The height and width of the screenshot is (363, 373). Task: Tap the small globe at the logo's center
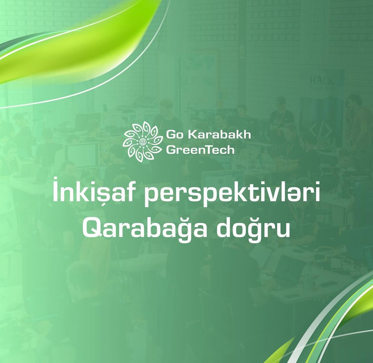click(x=142, y=142)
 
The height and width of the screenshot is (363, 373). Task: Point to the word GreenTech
click(x=200, y=150)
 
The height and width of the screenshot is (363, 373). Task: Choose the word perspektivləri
click(x=232, y=194)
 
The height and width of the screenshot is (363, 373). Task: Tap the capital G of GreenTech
click(x=171, y=150)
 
